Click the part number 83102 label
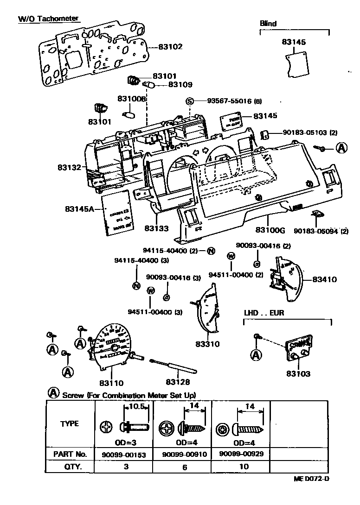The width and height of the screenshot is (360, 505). point(171,47)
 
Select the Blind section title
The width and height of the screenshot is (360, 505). point(268,23)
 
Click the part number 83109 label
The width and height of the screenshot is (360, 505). point(180,85)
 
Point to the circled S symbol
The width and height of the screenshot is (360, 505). point(189,101)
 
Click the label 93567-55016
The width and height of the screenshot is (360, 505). point(229,101)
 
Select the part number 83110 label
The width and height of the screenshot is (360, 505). point(111,383)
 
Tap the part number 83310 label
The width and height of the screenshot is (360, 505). point(207,344)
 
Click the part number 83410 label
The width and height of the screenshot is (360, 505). point(324,279)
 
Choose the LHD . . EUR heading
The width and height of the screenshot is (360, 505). point(264,313)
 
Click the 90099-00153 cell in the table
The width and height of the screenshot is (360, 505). point(124,454)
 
